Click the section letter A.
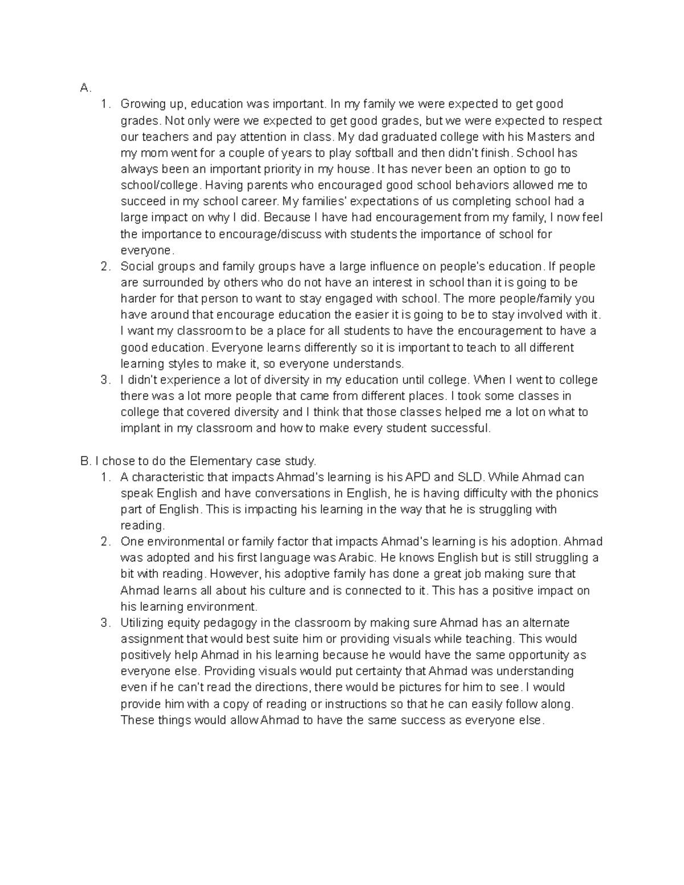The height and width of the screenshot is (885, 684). coord(85,88)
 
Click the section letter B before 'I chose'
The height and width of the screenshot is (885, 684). coord(85,460)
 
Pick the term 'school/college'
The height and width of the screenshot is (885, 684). coord(160,185)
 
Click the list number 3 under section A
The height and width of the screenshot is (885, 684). coord(104,380)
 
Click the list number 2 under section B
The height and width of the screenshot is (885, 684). coord(104,541)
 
